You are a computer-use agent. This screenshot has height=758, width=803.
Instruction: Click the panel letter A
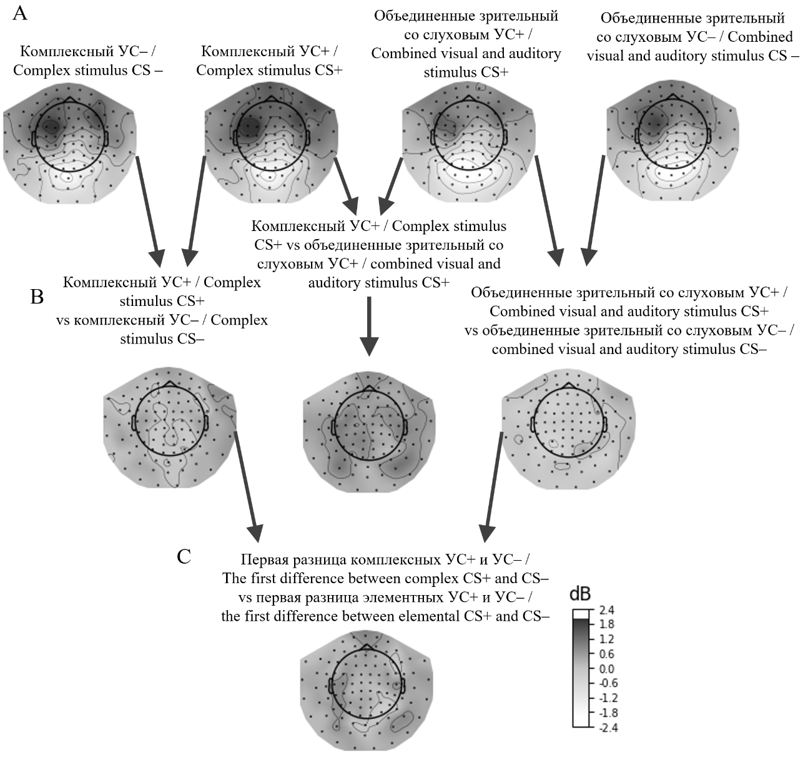pyautogui.click(x=20, y=13)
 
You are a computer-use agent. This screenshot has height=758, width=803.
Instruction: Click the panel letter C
pyautogui.click(x=184, y=556)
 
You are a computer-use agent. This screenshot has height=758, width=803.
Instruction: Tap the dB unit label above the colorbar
pyautogui.click(x=581, y=594)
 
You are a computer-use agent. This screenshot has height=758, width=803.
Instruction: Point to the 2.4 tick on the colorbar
pyautogui.click(x=606, y=610)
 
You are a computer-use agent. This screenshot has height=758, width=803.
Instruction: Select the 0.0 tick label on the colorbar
pyautogui.click(x=606, y=669)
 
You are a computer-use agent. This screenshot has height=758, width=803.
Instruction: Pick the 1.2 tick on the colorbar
pyautogui.click(x=606, y=639)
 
